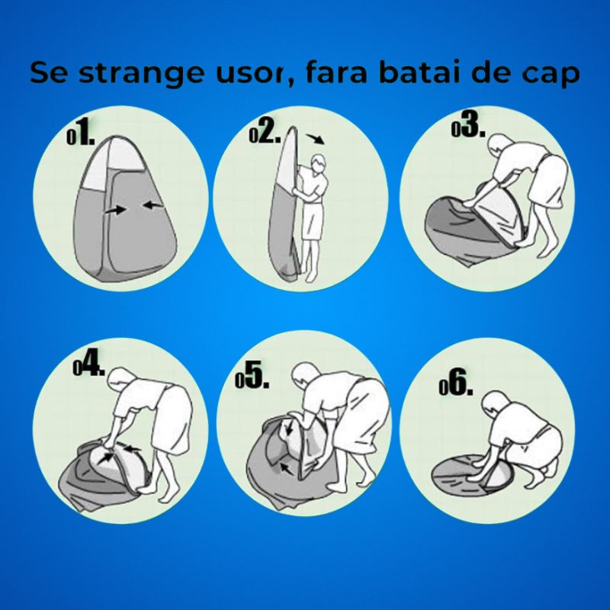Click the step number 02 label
coord(265,134)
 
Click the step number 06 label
coord(457,385)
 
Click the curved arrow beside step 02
coord(313,139)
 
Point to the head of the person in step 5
coord(304,374)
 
